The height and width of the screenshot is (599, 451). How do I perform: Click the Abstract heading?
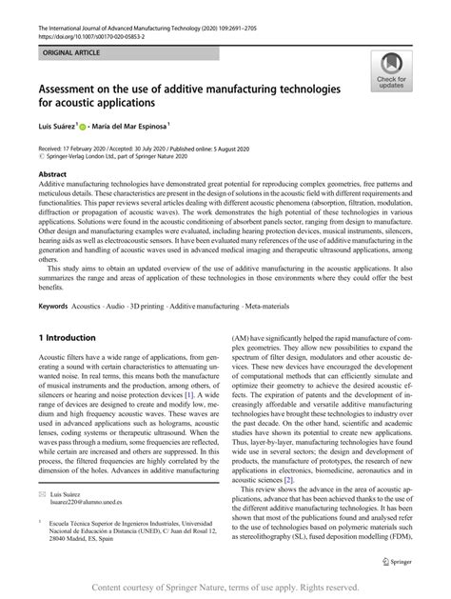(x=53, y=175)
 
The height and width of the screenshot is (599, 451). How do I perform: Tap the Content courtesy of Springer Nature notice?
(x=225, y=586)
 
